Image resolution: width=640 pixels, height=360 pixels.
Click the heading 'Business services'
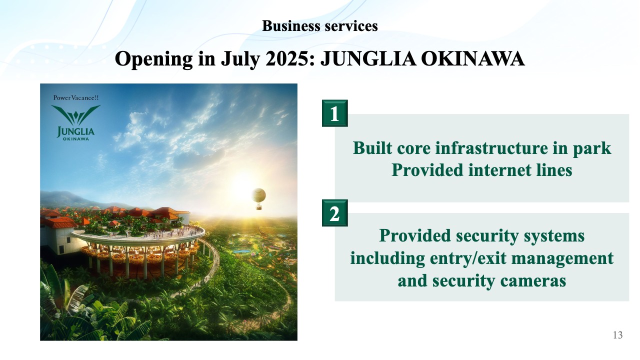coord(319,26)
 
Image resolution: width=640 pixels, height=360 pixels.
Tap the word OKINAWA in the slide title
coord(472,59)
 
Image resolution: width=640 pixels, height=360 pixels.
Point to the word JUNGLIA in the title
coord(368,59)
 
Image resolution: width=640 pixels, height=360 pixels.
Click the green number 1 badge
coord(334,113)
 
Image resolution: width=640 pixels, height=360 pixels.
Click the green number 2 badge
coord(334,213)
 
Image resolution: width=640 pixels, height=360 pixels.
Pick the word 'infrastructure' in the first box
coord(491,148)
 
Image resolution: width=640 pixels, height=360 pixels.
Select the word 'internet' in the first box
coord(500,170)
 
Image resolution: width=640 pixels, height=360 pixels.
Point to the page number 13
coord(617,335)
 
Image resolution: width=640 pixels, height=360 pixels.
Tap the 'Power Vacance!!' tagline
coord(75,97)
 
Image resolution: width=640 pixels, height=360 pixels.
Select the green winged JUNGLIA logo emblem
coord(75,115)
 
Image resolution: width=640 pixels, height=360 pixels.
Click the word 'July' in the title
coord(240,59)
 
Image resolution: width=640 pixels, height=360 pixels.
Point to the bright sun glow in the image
coord(243,183)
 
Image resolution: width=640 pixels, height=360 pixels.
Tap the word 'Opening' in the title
coord(153,59)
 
